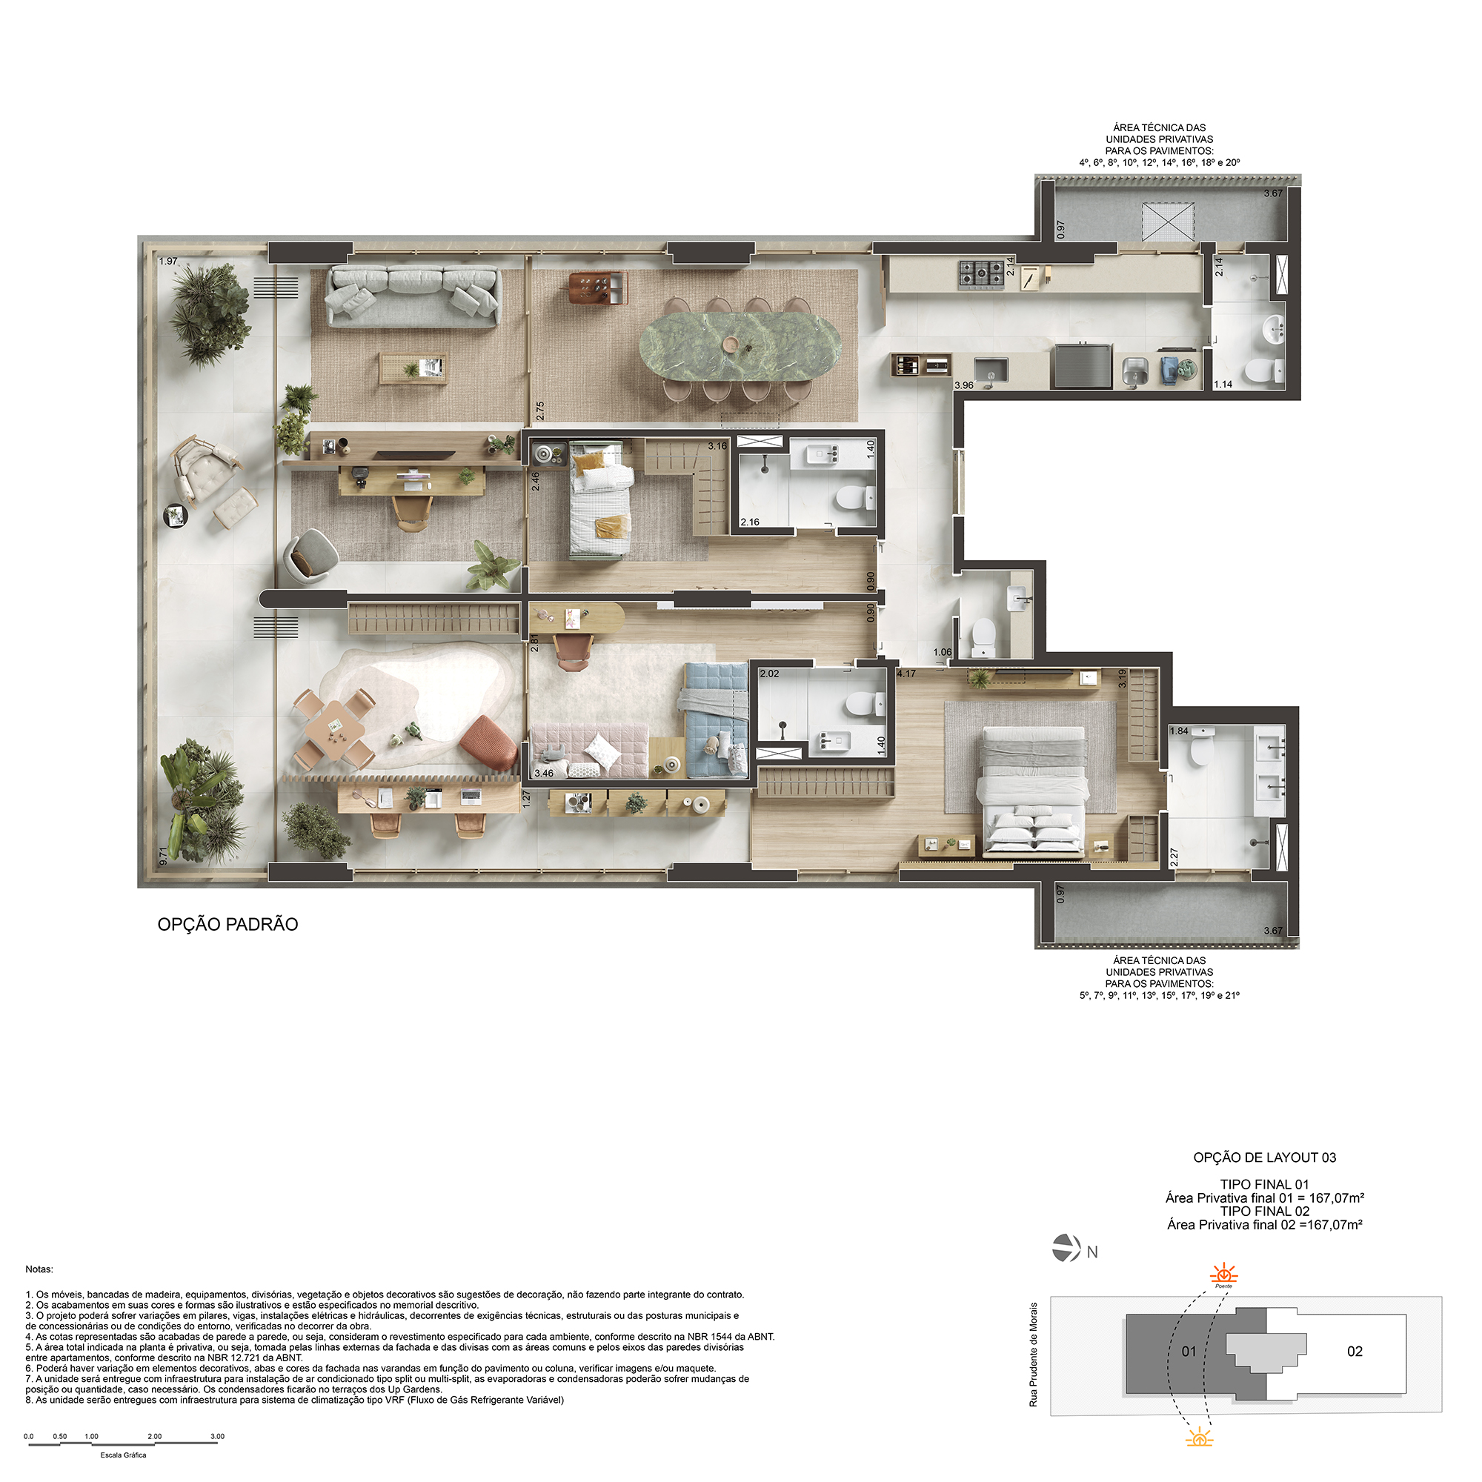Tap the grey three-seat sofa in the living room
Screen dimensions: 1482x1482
pyautogui.click(x=413, y=296)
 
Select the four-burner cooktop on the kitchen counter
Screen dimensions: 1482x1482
pyautogui.click(x=981, y=275)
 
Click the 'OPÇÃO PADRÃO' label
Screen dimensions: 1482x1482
pyautogui.click(x=227, y=924)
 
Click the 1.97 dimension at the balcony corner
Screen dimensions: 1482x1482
pyautogui.click(x=168, y=262)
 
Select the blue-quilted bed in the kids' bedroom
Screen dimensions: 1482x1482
pyautogui.click(x=714, y=720)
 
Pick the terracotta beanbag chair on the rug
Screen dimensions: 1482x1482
pyautogui.click(x=489, y=742)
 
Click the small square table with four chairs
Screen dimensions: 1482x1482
pyautogui.click(x=335, y=727)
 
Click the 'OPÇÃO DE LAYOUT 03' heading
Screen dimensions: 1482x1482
pyautogui.click(x=1265, y=1157)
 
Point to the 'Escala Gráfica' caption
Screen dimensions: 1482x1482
pyautogui.click(x=124, y=1455)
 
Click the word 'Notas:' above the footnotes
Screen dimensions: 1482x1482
pyautogui.click(x=39, y=1269)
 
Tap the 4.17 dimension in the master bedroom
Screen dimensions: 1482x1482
pyautogui.click(x=906, y=674)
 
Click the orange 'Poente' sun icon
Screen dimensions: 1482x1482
pyautogui.click(x=1223, y=1275)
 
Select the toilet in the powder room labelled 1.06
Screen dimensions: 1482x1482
pyautogui.click(x=983, y=637)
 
